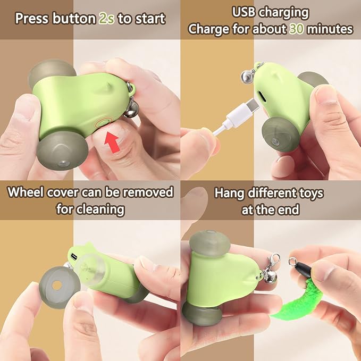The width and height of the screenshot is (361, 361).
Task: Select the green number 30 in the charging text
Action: coord(296,29)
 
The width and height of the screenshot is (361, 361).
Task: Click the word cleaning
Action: coord(102,209)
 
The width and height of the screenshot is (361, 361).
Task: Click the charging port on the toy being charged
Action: coord(264,94)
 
